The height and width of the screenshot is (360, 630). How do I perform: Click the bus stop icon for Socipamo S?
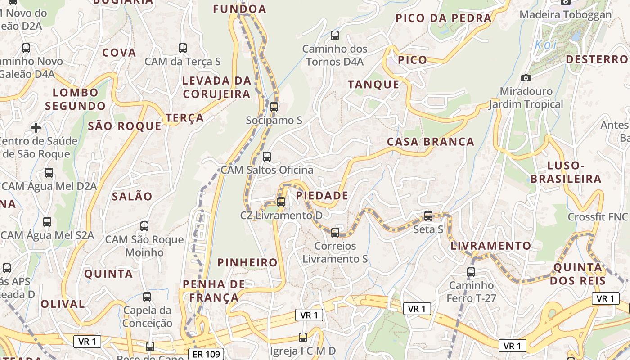pos(274,107)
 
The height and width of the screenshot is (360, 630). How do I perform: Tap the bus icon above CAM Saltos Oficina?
pos(267,157)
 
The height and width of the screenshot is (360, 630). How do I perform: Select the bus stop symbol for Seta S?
pos(428,216)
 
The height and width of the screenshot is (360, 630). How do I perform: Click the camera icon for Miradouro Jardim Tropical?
pos(526,78)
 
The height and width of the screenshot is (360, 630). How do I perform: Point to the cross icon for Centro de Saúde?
pos(36,128)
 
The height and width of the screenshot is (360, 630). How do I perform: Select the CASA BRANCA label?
pos(431,142)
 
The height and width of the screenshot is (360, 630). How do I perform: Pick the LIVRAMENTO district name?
pos(490,246)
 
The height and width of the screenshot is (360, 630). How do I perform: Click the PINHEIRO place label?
pos(247,262)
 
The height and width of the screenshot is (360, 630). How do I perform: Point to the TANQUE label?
pos(373,85)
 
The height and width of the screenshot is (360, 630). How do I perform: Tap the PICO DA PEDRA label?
pos(443,18)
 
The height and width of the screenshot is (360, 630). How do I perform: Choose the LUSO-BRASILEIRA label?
pos(566,172)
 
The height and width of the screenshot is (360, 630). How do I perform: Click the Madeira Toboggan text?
pos(566,14)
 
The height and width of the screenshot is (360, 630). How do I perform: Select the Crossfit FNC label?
pos(597,217)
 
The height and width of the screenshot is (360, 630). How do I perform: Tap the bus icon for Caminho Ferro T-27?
pos(471,272)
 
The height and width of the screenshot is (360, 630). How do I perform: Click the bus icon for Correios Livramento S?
pos(335,232)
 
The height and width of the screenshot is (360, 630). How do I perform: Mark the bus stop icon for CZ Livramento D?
pos(281,202)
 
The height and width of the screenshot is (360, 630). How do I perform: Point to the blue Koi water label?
pos(545,45)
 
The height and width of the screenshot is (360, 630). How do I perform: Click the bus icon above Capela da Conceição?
pos(147,297)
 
